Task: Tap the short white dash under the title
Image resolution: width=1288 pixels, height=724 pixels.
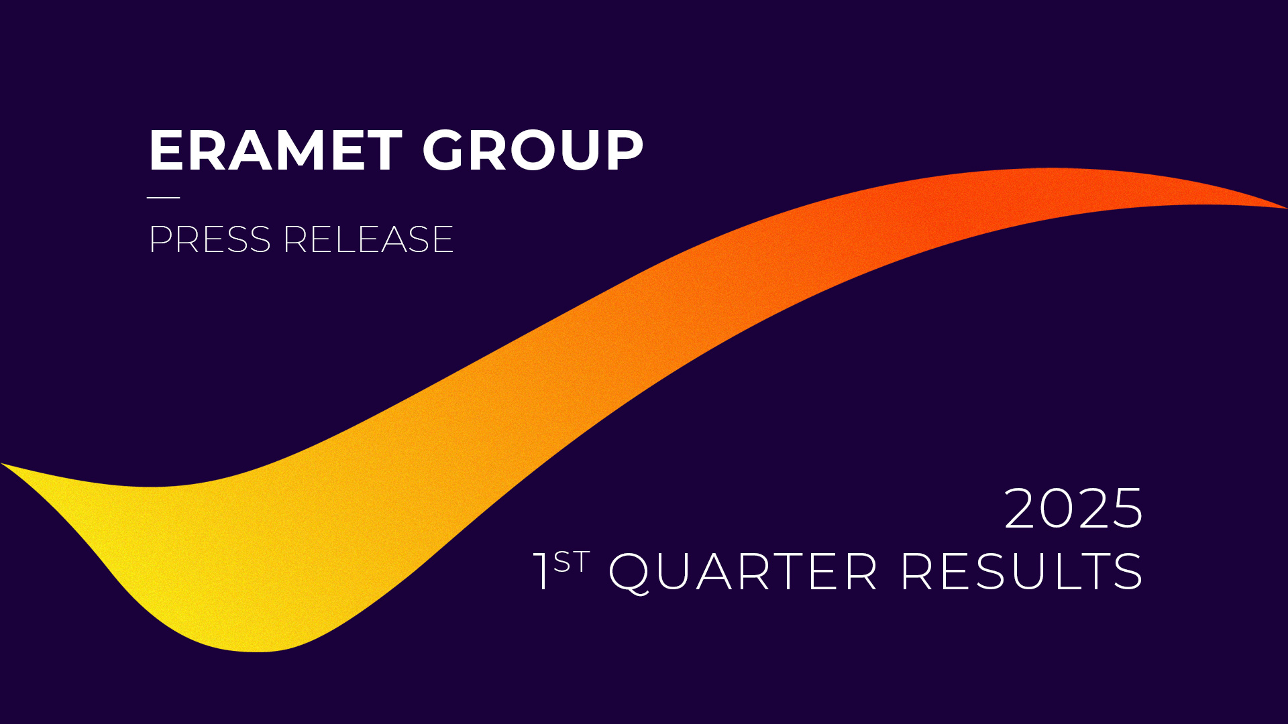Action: click(164, 198)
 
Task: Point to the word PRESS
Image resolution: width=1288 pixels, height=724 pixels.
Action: click(209, 239)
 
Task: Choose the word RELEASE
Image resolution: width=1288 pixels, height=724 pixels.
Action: click(368, 239)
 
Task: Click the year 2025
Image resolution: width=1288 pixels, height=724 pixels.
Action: click(1073, 509)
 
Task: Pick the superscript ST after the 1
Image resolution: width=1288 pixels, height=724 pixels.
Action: click(572, 562)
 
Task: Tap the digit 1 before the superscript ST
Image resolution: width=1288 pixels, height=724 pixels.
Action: click(541, 571)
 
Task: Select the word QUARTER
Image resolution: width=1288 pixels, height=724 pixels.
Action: click(743, 572)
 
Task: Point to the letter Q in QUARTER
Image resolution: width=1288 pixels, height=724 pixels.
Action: click(629, 573)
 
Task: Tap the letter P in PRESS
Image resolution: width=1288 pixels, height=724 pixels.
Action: click(162, 239)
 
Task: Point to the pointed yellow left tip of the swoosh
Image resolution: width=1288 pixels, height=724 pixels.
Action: click(2, 463)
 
